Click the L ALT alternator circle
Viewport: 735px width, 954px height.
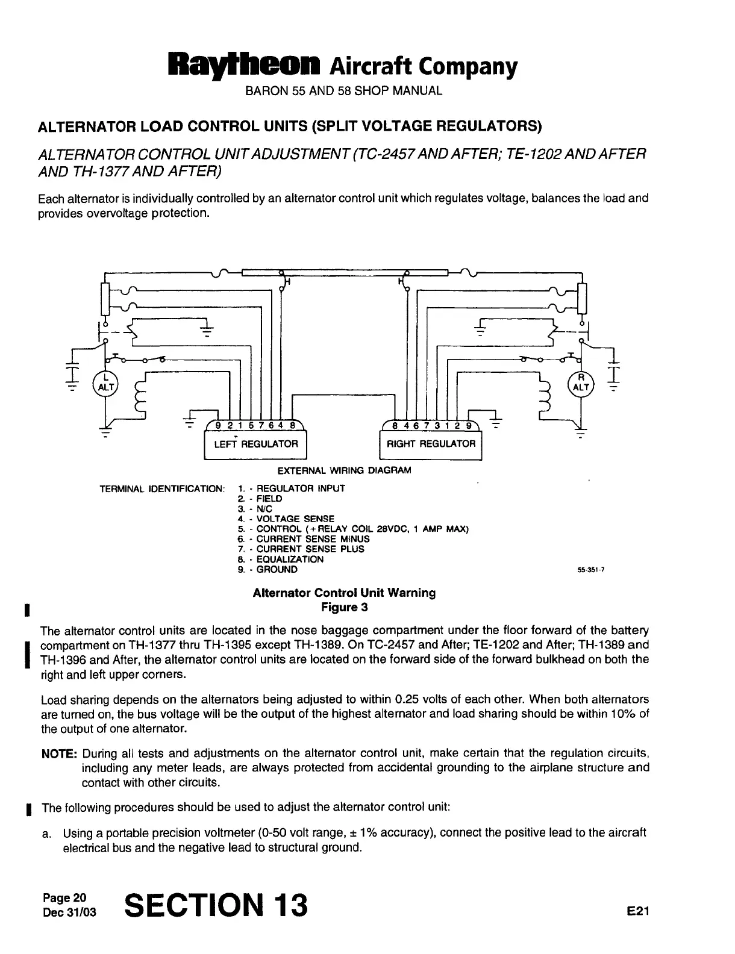tap(107, 382)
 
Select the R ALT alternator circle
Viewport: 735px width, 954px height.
tap(580, 382)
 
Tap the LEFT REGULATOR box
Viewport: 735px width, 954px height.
tap(256, 444)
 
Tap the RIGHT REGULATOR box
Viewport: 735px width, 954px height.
tap(431, 444)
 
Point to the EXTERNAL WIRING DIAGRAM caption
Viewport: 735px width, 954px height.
tap(344, 470)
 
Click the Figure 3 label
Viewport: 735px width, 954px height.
tap(344, 607)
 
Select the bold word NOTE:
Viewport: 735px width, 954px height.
tap(58, 754)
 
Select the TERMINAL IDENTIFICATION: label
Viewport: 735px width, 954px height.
tap(163, 488)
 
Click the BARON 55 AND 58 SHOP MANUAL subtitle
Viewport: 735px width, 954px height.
tap(343, 92)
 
